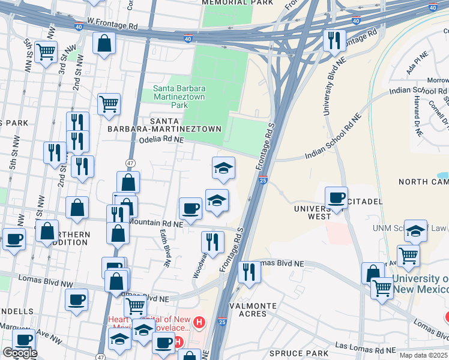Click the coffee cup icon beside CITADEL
coord(336,197)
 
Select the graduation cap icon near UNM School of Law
coord(415,230)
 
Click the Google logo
coord(19,353)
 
